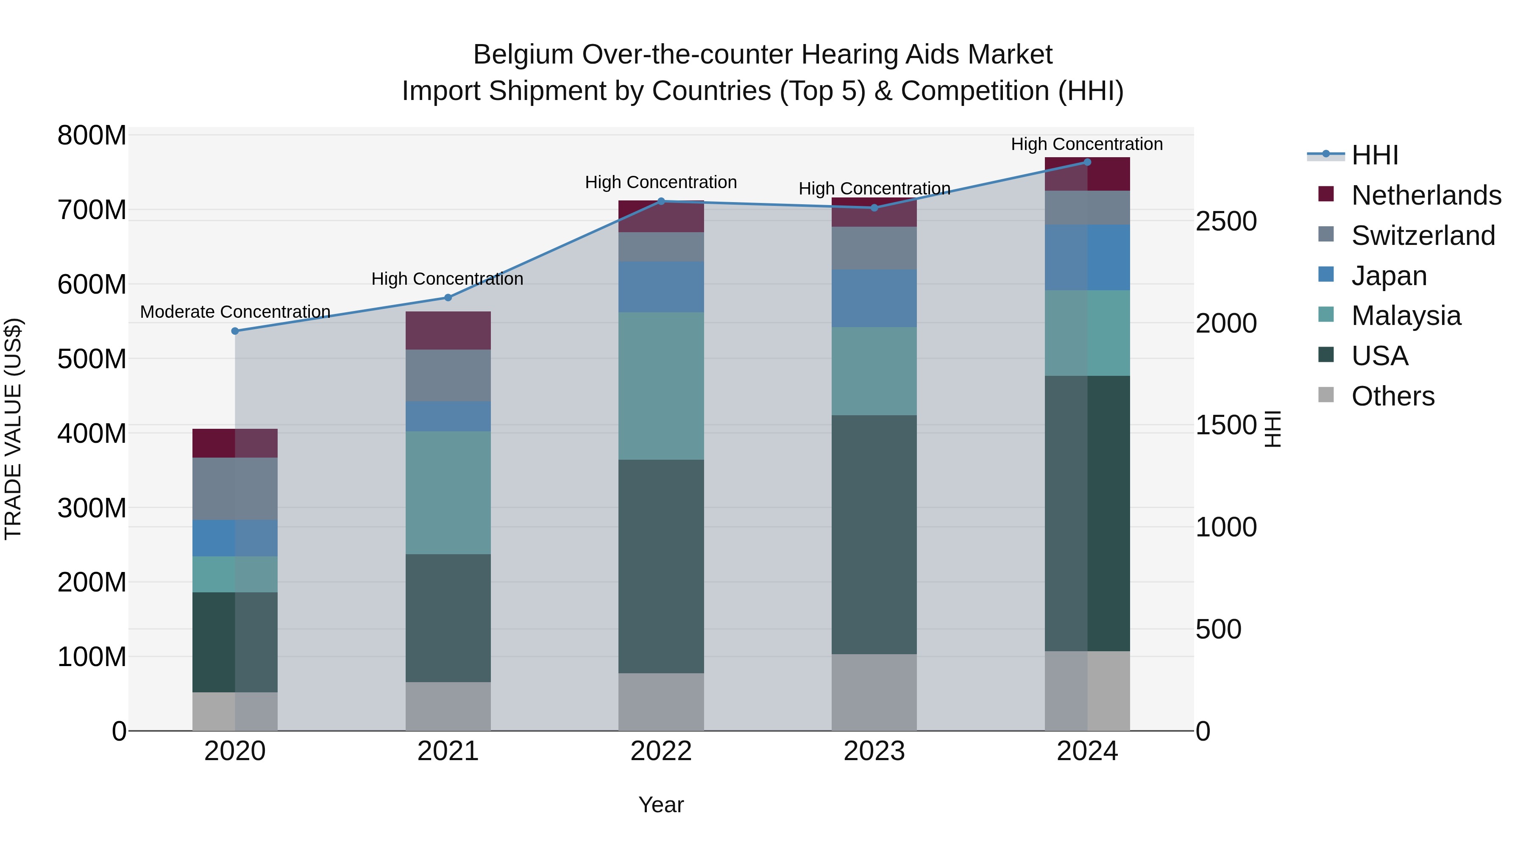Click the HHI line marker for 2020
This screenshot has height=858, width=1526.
(235, 331)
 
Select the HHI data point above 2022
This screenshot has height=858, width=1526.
(661, 201)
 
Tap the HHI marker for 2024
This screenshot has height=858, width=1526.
(1087, 162)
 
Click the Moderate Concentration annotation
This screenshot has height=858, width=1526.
(235, 311)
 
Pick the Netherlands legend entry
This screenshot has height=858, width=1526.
(1426, 195)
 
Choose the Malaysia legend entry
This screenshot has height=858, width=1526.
(1406, 316)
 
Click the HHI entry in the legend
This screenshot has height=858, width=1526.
(1374, 155)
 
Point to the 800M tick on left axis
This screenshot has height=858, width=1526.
(92, 136)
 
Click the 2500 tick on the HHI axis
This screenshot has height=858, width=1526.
(1225, 222)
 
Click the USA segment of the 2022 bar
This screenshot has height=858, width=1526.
(661, 566)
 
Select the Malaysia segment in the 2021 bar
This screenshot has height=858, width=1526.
(448, 493)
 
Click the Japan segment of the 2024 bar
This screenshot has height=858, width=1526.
(1087, 258)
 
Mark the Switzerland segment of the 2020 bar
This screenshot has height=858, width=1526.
(235, 489)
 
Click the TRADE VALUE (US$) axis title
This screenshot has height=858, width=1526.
(13, 429)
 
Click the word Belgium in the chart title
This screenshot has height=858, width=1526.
(523, 55)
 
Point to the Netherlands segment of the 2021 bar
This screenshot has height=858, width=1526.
(448, 330)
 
